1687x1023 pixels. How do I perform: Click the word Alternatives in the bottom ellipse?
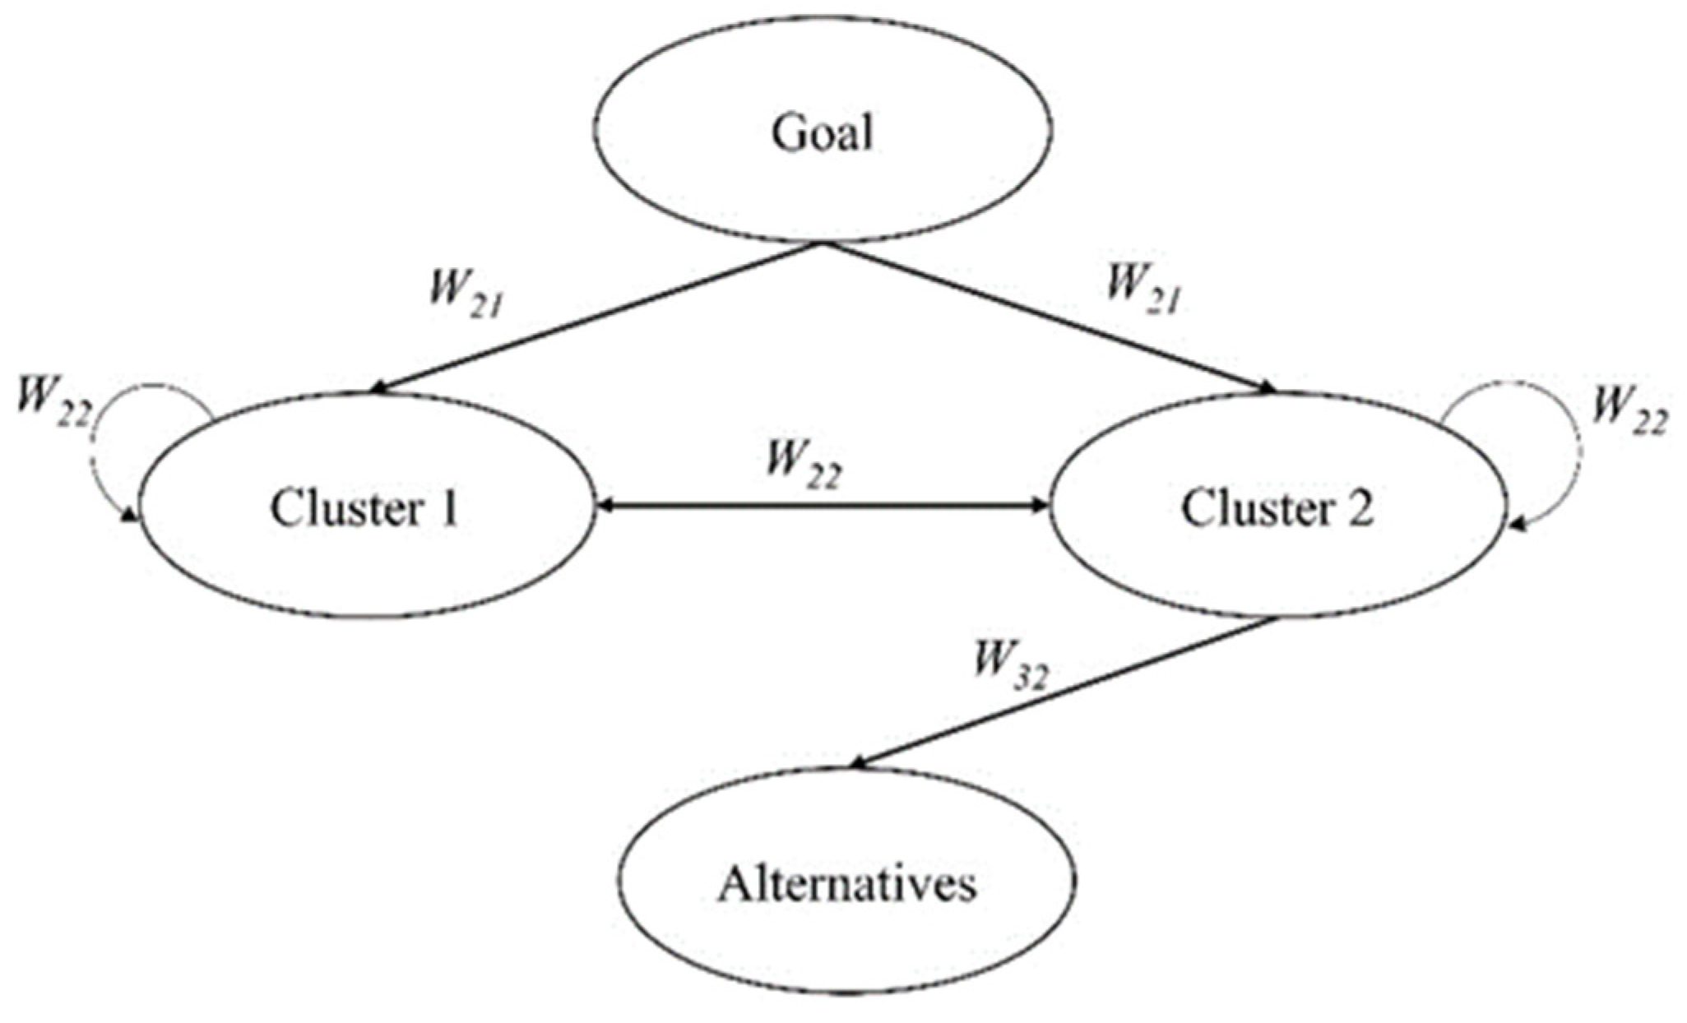tap(847, 885)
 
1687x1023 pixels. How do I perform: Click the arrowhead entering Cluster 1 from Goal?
tap(380, 389)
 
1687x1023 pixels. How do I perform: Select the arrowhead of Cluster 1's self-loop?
tap(130, 516)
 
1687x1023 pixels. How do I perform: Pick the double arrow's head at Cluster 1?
tap(602, 507)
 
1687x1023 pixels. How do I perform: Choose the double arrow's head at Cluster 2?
tap(1043, 507)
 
